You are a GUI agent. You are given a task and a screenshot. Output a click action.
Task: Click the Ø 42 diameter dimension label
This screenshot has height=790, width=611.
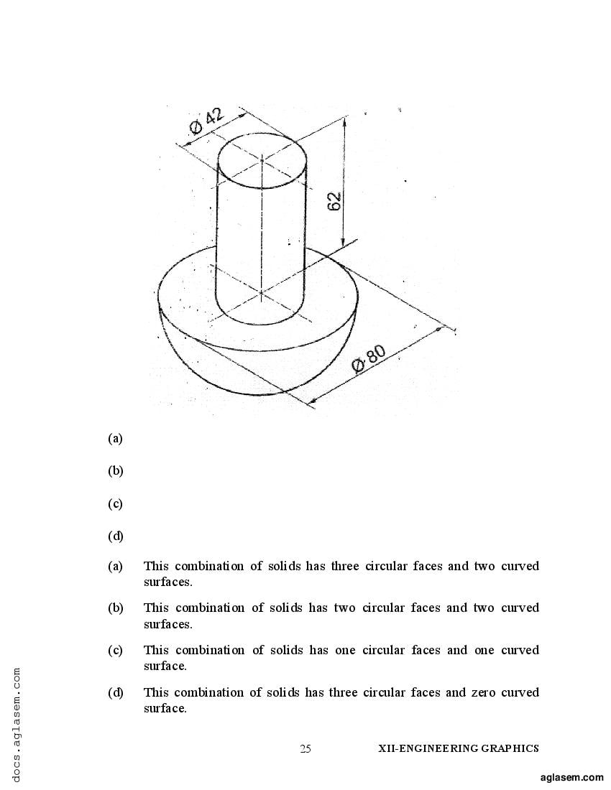[206, 121]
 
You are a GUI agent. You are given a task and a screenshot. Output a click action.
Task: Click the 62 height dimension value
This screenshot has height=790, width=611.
[335, 202]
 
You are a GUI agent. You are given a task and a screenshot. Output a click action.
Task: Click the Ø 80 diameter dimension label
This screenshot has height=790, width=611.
[369, 359]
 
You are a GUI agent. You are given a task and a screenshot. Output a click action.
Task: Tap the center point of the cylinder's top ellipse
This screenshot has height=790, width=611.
[262, 160]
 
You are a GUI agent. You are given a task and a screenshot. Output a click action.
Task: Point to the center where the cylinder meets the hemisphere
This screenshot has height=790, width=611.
[261, 292]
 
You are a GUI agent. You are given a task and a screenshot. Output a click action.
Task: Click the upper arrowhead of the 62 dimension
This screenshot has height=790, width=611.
[345, 121]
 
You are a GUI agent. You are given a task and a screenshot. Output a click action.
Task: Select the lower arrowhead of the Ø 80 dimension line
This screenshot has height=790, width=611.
[313, 401]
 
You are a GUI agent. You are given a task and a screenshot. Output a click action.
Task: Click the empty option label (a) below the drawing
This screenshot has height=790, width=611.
[116, 438]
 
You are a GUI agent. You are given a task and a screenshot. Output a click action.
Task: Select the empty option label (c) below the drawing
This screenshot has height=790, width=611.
[116, 504]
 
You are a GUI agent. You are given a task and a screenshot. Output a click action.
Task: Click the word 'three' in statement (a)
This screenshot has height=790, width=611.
[345, 566]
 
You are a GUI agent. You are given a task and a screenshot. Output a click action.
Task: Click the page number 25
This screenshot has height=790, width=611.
[305, 748]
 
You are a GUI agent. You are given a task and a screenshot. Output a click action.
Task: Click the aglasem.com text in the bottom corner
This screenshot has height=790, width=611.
[571, 777]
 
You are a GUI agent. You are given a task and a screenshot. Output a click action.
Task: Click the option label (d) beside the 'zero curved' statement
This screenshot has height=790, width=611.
[116, 692]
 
